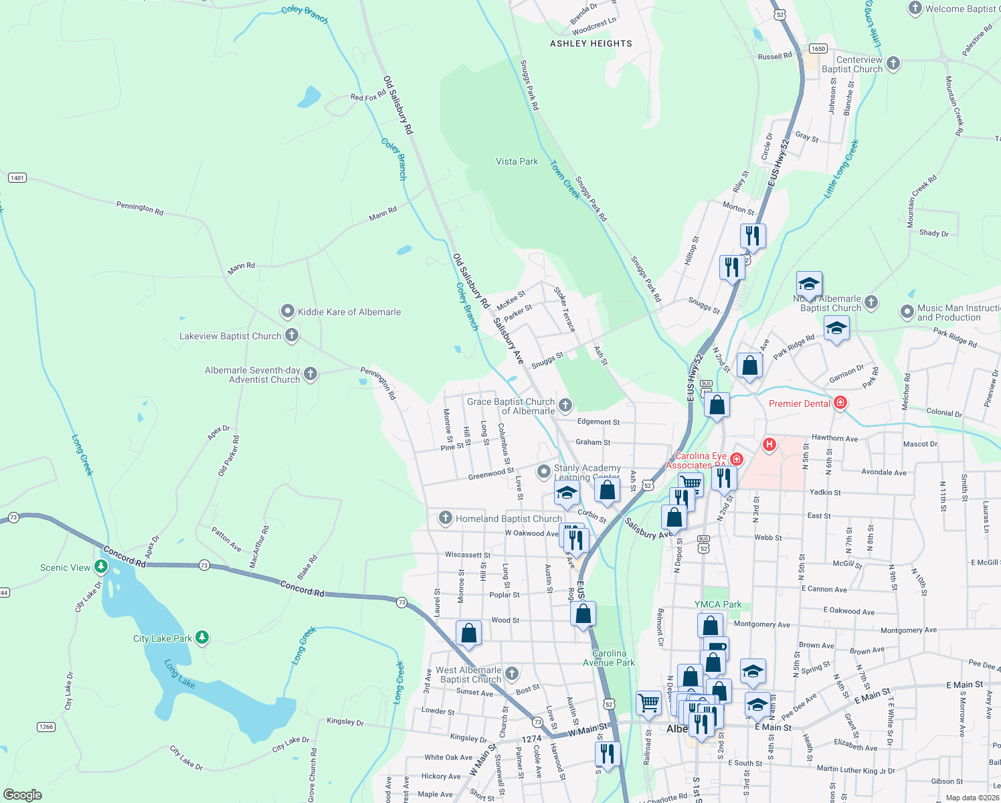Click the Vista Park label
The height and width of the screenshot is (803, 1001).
(x=517, y=161)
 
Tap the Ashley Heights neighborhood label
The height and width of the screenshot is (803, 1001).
(x=591, y=43)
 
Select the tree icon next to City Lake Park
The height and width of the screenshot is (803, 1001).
(x=202, y=638)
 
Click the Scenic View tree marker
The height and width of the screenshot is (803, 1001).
(x=101, y=567)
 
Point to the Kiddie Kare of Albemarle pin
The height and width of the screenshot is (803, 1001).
(x=287, y=312)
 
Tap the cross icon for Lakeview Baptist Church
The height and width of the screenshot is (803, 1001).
(x=291, y=336)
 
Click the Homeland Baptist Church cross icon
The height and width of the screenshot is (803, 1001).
(x=446, y=518)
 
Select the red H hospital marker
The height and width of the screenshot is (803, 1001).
(x=769, y=444)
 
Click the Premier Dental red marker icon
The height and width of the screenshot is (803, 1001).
(x=841, y=403)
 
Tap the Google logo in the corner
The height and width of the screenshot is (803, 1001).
(x=23, y=794)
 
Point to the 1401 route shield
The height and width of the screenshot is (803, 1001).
(x=17, y=178)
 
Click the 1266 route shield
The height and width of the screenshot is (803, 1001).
(x=45, y=727)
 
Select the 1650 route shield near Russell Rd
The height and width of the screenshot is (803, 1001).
(x=818, y=49)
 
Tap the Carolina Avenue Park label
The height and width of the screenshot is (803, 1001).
(x=609, y=658)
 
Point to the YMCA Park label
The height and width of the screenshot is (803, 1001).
(x=718, y=604)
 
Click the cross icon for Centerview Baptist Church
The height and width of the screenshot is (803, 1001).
(x=893, y=64)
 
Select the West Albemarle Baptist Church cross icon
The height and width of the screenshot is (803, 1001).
(x=512, y=674)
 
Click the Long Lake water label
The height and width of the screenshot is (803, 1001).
(x=179, y=674)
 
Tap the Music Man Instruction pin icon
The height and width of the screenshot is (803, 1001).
(x=907, y=313)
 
